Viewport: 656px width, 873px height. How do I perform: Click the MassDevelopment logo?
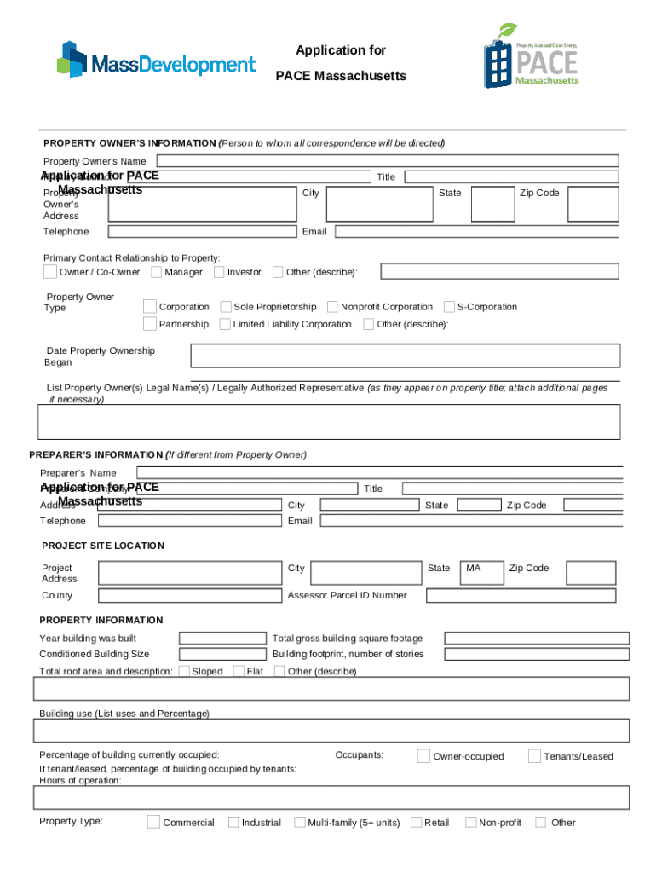(x=156, y=60)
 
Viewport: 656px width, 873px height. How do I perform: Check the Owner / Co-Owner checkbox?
(x=50, y=272)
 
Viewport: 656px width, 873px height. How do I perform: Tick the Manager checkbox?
(x=157, y=272)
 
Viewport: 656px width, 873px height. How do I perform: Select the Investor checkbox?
(x=219, y=272)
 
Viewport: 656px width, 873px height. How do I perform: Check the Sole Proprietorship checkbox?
(x=226, y=307)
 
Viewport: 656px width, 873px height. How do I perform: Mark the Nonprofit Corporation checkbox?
(x=332, y=307)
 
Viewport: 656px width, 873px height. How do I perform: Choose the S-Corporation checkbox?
(x=449, y=307)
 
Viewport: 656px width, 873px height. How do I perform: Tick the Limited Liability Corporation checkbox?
(x=226, y=324)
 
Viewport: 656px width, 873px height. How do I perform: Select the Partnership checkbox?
(x=150, y=324)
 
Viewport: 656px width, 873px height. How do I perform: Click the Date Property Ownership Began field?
(x=405, y=356)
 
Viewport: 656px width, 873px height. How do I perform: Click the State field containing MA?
(x=480, y=573)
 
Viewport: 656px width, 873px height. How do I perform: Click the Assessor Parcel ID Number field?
(x=527, y=595)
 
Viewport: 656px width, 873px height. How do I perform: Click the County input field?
(x=188, y=596)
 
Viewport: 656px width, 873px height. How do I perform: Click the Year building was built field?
(x=222, y=638)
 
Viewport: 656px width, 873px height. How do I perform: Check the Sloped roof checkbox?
(x=184, y=671)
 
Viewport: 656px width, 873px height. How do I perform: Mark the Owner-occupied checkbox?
(x=423, y=756)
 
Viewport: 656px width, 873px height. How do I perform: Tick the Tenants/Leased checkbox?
(x=534, y=756)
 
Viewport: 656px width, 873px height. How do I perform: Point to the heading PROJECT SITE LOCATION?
(x=103, y=546)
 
